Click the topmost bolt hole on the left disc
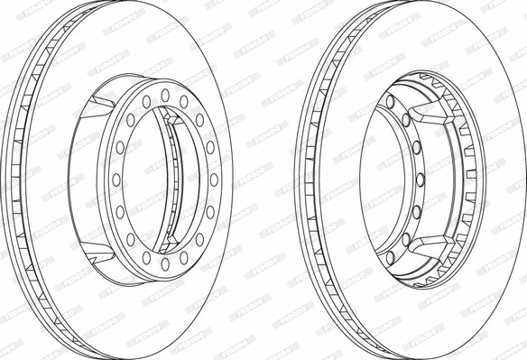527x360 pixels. coord(165,93)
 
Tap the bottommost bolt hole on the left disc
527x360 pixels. coord(165,263)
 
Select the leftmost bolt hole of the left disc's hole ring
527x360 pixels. coord(115,179)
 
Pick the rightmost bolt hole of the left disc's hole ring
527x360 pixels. coord(215,179)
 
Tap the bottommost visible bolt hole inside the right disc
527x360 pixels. coord(395,257)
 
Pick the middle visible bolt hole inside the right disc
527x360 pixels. coord(417,179)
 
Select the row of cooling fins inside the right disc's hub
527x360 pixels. coord(468,179)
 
